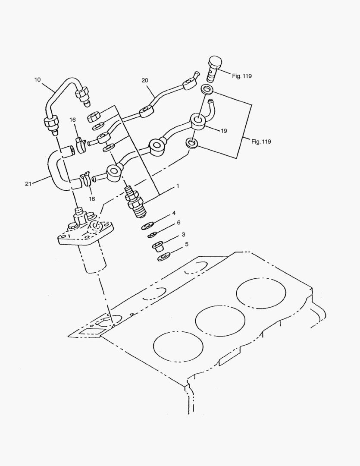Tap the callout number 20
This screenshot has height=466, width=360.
tap(144, 80)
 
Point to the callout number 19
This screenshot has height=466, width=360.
tap(224, 130)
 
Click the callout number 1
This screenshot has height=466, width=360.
tap(177, 186)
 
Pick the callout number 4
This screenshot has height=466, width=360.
tap(174, 213)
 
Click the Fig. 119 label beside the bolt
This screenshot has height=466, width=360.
tap(241, 76)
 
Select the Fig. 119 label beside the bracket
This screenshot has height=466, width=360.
tap(261, 142)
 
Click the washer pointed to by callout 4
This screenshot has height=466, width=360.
tap(148, 225)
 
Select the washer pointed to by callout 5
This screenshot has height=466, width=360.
tap(163, 258)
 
